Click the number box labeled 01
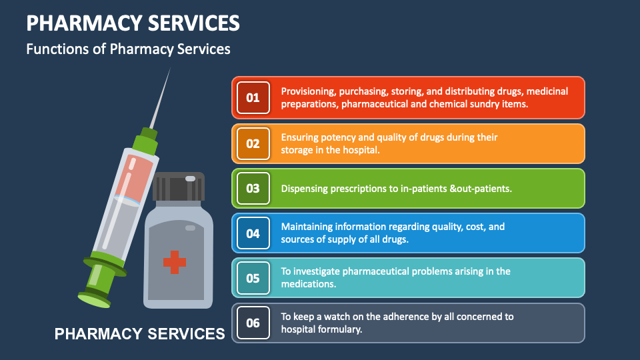[x=253, y=98]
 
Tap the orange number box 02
[x=253, y=143]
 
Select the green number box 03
[x=253, y=188]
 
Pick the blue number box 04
[x=253, y=233]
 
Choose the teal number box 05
[x=253, y=278]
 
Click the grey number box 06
[x=253, y=323]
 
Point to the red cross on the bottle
[x=175, y=261]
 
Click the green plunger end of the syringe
[x=93, y=297]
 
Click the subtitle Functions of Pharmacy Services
[x=128, y=49]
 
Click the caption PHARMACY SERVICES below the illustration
[x=139, y=333]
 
